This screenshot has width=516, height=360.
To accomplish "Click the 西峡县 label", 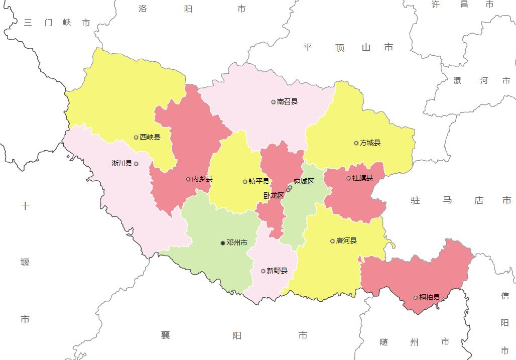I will click(150, 137).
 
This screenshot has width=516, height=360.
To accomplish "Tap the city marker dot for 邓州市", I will click(223, 243).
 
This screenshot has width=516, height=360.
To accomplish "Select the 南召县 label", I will click(287, 102).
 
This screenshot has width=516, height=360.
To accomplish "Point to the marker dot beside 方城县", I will click(356, 143).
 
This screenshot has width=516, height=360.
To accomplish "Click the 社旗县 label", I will click(362, 178).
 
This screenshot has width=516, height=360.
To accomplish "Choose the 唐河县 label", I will click(346, 241).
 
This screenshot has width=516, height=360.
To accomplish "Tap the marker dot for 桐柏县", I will click(416, 298).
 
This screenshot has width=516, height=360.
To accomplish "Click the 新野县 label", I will click(277, 271).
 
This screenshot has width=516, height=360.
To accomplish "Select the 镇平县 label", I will click(259, 182).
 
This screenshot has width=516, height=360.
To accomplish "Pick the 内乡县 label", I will click(202, 179).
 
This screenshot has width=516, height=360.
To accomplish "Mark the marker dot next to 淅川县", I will click(136, 164).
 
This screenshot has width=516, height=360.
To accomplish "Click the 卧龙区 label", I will click(274, 196).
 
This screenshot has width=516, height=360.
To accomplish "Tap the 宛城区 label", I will click(304, 182).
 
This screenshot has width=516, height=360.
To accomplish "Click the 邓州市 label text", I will click(237, 243).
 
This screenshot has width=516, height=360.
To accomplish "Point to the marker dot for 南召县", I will click(274, 102).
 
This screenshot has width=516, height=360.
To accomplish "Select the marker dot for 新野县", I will click(263, 271).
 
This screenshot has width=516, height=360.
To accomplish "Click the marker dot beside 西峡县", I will click(136, 137).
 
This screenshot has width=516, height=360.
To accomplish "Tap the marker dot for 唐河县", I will click(332, 241).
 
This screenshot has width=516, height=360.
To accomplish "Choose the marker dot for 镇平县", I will click(245, 182).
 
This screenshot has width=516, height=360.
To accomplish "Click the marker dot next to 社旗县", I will click(348, 178).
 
